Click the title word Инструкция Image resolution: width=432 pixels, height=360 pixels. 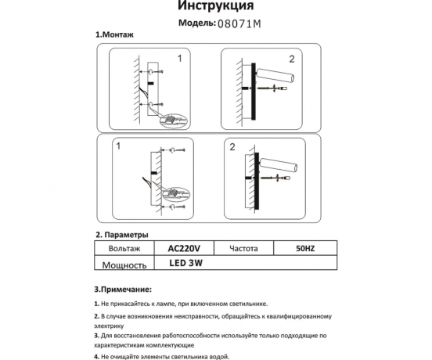click(216, 7)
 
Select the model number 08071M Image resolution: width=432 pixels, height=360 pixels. click(239, 24)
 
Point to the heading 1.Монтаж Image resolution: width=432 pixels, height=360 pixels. click(114, 36)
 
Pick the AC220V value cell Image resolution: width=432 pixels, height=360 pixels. click(185, 248)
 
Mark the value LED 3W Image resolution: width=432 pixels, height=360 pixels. click(185, 264)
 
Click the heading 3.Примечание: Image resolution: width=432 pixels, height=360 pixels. click(123, 289)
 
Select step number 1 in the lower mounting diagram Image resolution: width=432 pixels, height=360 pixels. click(118, 146)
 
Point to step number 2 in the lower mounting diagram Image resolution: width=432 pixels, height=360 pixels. click(232, 147)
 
